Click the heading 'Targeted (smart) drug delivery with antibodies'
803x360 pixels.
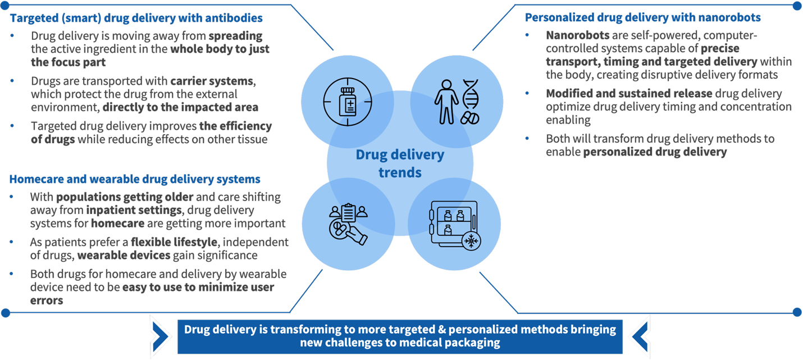136,18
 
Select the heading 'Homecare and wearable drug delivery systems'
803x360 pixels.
135,179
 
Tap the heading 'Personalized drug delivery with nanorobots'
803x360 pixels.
642,18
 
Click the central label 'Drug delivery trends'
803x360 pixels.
400,163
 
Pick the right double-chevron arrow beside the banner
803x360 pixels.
638,335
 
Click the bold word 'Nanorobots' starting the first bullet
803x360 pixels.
577,35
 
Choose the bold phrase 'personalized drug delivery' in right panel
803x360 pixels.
655,152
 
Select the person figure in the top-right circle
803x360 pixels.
447,101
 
